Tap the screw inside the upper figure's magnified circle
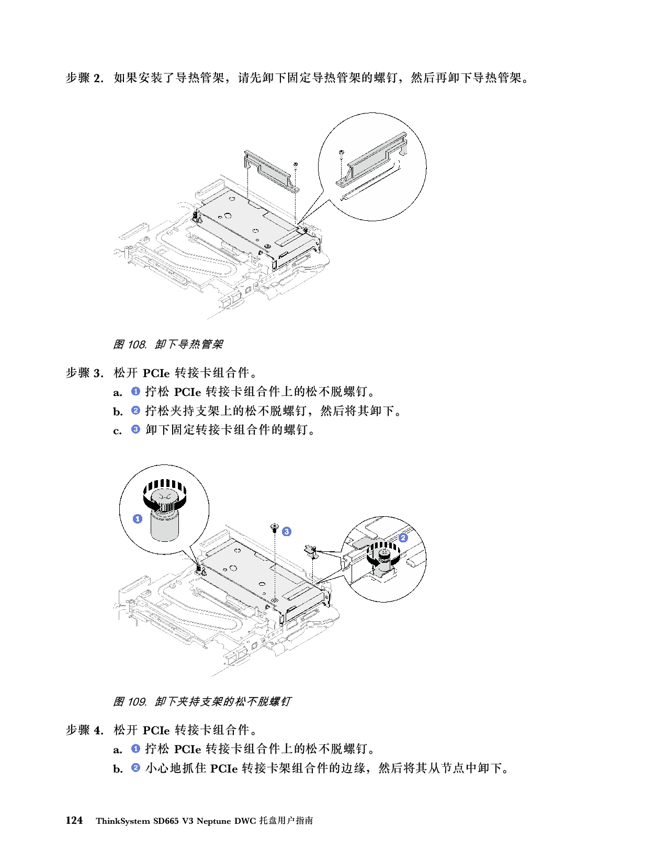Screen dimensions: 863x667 coord(341,153)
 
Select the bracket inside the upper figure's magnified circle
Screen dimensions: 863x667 coord(372,159)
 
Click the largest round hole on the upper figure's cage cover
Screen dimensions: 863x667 coord(228,214)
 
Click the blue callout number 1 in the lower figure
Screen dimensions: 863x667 coord(137,519)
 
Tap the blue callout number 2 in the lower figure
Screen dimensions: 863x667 coord(403,537)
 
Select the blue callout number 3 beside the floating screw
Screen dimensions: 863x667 coord(286,531)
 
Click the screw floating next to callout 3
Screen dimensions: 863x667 coord(274,527)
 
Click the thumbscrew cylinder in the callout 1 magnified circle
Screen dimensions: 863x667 coord(163,526)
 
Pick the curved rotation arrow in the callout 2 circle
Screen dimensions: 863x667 coord(376,558)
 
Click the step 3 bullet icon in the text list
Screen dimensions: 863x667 coord(135,429)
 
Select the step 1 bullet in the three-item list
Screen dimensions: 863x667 coord(135,391)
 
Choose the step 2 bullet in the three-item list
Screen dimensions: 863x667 coord(135,411)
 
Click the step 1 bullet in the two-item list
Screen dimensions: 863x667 coord(135,748)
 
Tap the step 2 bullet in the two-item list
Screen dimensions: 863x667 coord(135,768)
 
